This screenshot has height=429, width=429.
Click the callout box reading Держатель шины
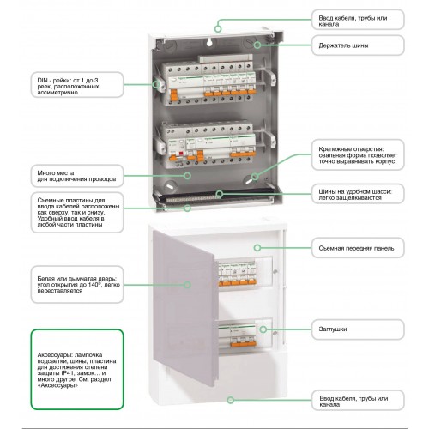[358, 45]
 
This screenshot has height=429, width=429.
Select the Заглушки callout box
[358, 329]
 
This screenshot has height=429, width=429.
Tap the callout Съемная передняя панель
[358, 248]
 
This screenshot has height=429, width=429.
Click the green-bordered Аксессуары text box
[77, 370]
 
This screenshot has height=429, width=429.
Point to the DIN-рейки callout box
[77, 85]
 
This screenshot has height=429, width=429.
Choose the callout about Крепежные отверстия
[358, 154]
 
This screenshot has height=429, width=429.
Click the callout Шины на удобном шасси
[358, 194]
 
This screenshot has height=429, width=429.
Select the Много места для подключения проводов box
[77, 176]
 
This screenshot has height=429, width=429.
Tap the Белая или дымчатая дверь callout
[77, 284]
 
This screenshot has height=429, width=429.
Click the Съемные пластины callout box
[77, 212]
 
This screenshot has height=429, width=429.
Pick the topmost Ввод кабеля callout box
[358, 20]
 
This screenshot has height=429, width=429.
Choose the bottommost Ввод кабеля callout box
[358, 400]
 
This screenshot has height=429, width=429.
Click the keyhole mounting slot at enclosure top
[209, 42]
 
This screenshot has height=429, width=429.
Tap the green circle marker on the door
[187, 285]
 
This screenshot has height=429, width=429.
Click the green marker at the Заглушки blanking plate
[263, 329]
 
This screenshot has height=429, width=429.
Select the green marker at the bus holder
[257, 45]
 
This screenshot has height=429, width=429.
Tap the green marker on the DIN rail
[156, 85]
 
